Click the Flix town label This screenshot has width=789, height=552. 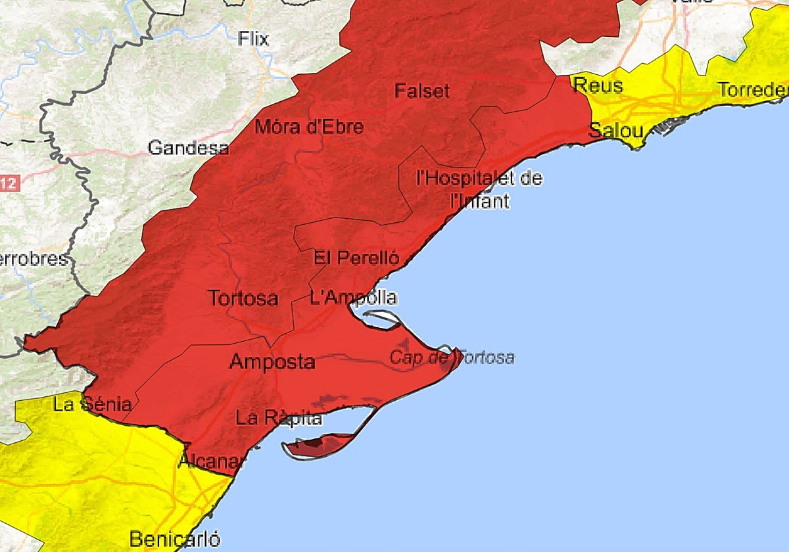(x=254, y=39)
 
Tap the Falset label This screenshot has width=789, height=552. (x=422, y=91)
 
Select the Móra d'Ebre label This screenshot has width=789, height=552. (x=308, y=126)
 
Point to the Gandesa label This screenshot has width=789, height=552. (x=188, y=148)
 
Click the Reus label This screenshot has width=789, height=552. (x=598, y=85)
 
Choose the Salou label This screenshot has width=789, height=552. (x=615, y=130)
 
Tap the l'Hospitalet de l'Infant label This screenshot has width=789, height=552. (x=479, y=189)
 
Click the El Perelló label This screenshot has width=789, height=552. (x=356, y=258)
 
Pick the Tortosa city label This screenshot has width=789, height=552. (x=243, y=298)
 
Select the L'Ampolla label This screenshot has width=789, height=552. (x=353, y=298)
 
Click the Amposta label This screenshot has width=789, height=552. (x=272, y=362)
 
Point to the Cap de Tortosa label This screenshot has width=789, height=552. (x=452, y=357)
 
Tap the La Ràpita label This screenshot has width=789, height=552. (x=279, y=418)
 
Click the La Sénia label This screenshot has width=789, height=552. (x=92, y=404)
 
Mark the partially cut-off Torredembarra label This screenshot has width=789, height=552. (x=753, y=90)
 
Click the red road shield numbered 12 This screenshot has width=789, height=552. (x=7, y=183)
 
